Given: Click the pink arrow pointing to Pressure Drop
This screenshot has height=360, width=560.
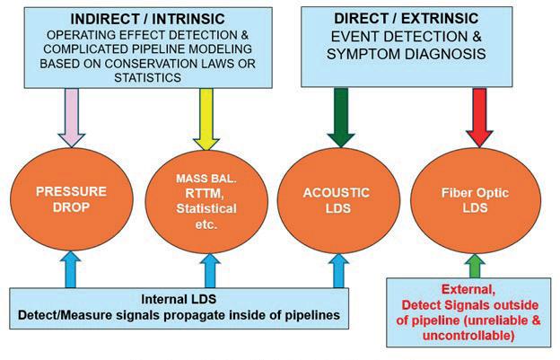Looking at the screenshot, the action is pos(72,118).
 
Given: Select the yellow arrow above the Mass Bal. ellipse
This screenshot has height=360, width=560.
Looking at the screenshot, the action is pos(206,119).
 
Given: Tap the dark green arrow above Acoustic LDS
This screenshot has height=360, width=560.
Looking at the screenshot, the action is pos(341,118).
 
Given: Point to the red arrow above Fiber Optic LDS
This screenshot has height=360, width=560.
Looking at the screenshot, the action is pos(479,118).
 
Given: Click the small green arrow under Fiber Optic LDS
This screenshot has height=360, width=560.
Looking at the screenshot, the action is pos(475,266).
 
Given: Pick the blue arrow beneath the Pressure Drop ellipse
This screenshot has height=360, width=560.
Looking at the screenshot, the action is pos(71,269).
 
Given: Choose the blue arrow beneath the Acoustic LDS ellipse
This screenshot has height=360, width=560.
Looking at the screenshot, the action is pos(338,271).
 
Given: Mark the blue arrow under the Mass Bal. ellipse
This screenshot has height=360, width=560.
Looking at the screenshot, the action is pos(210,271).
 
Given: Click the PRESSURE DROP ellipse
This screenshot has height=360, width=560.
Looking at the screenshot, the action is pos(72,199).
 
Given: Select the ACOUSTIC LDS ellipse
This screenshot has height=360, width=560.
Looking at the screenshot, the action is pos(338,201).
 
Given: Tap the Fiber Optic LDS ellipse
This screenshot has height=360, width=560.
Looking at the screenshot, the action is pos(476,201).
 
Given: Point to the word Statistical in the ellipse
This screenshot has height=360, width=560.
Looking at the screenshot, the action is pos(206,208).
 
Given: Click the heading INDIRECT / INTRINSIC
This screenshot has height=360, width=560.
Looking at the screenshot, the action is pos(147,19).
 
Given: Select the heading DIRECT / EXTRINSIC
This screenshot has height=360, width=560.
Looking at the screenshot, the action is pos(406,19).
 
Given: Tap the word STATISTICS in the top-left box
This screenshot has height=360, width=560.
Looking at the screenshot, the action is pos(147,77).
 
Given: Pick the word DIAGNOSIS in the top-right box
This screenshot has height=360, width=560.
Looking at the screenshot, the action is pos(445,54).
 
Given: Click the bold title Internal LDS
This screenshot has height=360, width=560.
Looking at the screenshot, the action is pos(179,299).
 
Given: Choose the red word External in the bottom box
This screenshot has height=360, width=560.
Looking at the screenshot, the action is pos(468,290).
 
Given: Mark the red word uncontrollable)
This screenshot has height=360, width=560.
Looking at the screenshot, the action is pos(468,336).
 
